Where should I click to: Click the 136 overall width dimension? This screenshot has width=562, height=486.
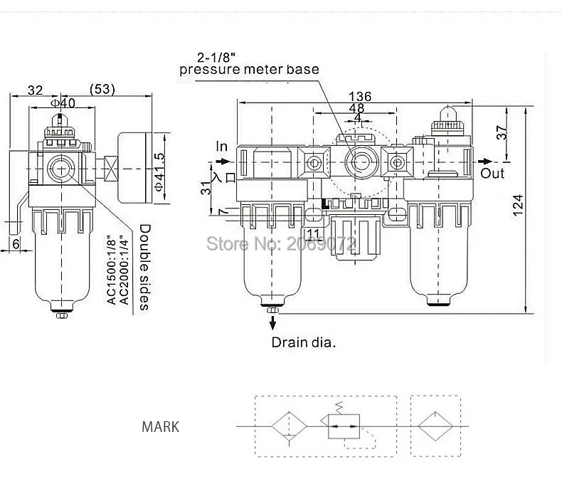[360, 96]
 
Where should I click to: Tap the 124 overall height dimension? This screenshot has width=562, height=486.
[518, 205]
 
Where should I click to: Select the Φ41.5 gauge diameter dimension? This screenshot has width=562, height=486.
[159, 171]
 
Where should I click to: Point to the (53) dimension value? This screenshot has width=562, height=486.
[102, 89]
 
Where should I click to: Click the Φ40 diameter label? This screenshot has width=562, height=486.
[63, 103]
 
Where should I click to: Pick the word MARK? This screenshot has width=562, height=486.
[160, 427]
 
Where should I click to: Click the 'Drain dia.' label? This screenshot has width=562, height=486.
[304, 342]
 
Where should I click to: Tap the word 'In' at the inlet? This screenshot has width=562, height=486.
[221, 147]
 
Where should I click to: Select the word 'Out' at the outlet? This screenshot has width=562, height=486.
[492, 174]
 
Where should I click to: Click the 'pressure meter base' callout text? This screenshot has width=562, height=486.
[249, 70]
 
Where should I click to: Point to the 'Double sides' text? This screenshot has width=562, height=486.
[144, 267]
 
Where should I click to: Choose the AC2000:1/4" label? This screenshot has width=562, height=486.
[124, 270]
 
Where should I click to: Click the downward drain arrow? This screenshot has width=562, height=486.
[273, 322]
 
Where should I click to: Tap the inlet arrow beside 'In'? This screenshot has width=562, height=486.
[223, 162]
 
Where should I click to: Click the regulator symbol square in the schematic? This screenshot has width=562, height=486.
[344, 426]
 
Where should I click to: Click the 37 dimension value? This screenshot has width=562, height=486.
[503, 132]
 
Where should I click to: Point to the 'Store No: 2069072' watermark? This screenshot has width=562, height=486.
[282, 244]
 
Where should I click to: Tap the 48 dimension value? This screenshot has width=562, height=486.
[356, 108]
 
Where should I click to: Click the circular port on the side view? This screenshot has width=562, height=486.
[61, 169]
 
